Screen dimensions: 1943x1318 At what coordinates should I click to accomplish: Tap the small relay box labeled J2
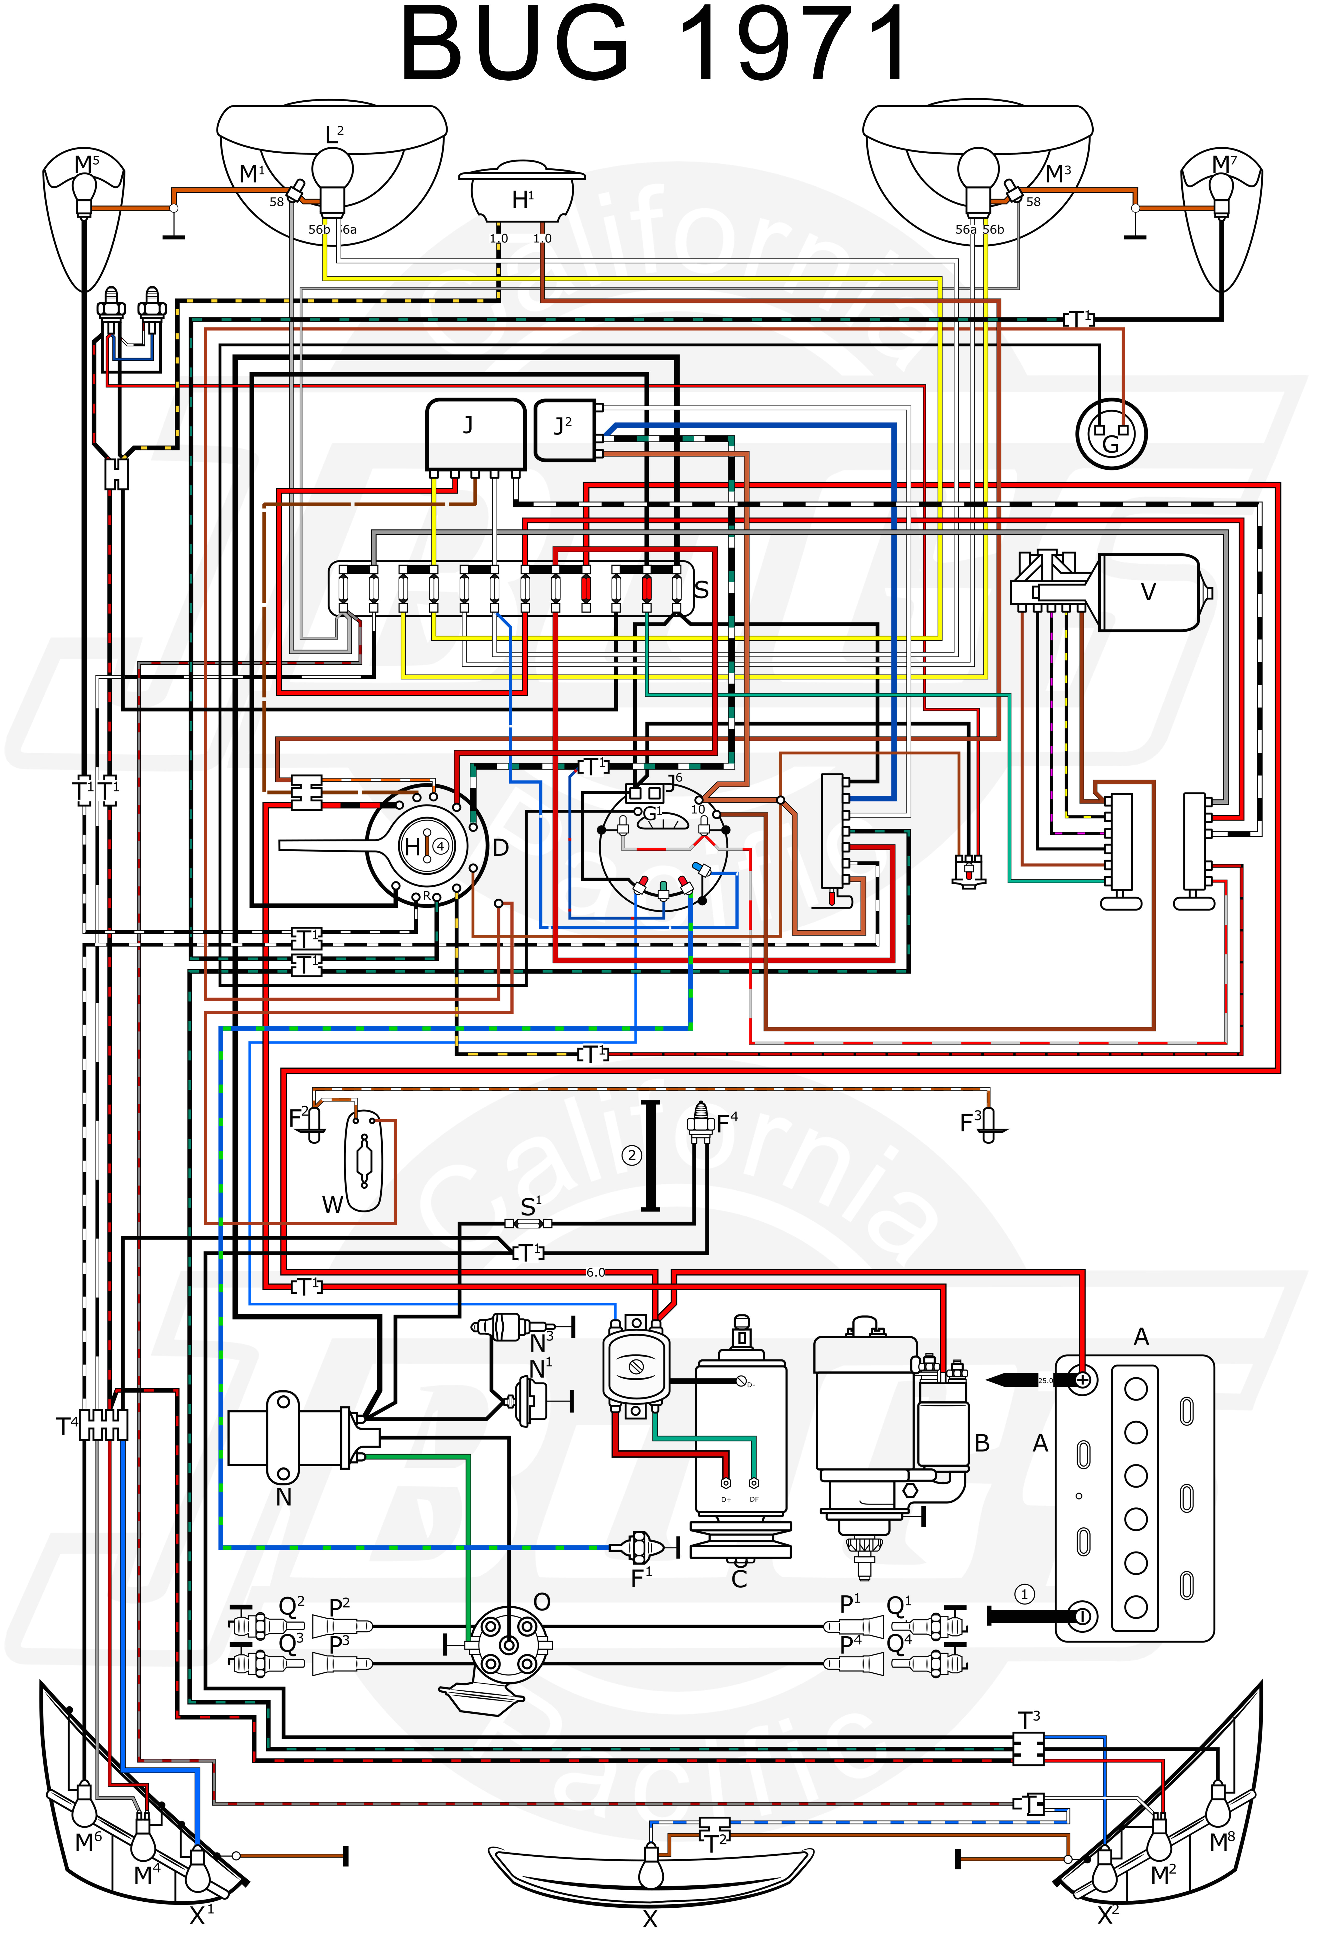click(564, 429)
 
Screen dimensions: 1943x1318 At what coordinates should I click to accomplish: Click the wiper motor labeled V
click(1148, 592)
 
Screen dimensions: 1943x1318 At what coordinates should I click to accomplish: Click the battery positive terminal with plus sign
click(1082, 1379)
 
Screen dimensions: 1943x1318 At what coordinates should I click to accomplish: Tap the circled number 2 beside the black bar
click(631, 1155)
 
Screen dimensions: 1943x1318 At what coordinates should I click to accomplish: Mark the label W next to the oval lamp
click(332, 1205)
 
